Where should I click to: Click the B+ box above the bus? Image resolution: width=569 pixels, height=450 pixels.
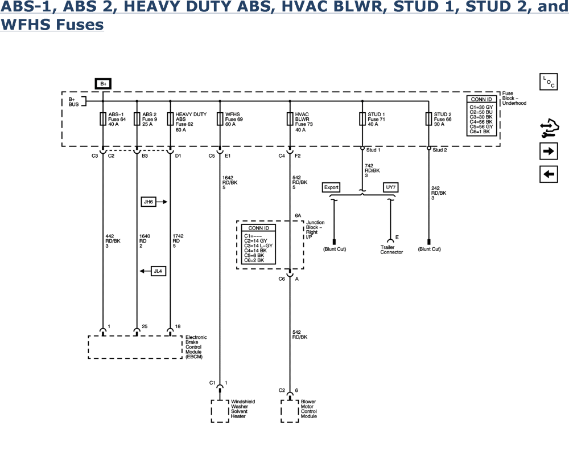click(103, 84)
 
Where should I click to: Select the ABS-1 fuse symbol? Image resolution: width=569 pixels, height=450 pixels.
click(103, 119)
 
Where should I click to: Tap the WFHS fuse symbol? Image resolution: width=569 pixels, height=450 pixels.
click(220, 119)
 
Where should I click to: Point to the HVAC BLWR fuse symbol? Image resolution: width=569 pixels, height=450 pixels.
click(290, 119)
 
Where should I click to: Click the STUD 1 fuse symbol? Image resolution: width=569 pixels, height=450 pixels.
click(362, 119)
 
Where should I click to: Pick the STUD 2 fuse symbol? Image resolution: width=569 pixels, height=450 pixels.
click(428, 119)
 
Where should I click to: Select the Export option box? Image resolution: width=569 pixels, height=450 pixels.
click(331, 187)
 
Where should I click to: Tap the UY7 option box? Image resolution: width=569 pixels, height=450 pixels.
click(390, 187)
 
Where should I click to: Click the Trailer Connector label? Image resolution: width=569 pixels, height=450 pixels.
click(391, 249)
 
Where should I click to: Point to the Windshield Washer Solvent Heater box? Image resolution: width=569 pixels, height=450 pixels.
click(219, 410)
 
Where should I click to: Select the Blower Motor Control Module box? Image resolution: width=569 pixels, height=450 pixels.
click(290, 410)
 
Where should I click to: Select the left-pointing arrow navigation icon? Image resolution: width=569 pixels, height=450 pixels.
click(549, 174)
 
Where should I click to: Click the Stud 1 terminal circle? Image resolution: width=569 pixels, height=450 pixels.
click(362, 148)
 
